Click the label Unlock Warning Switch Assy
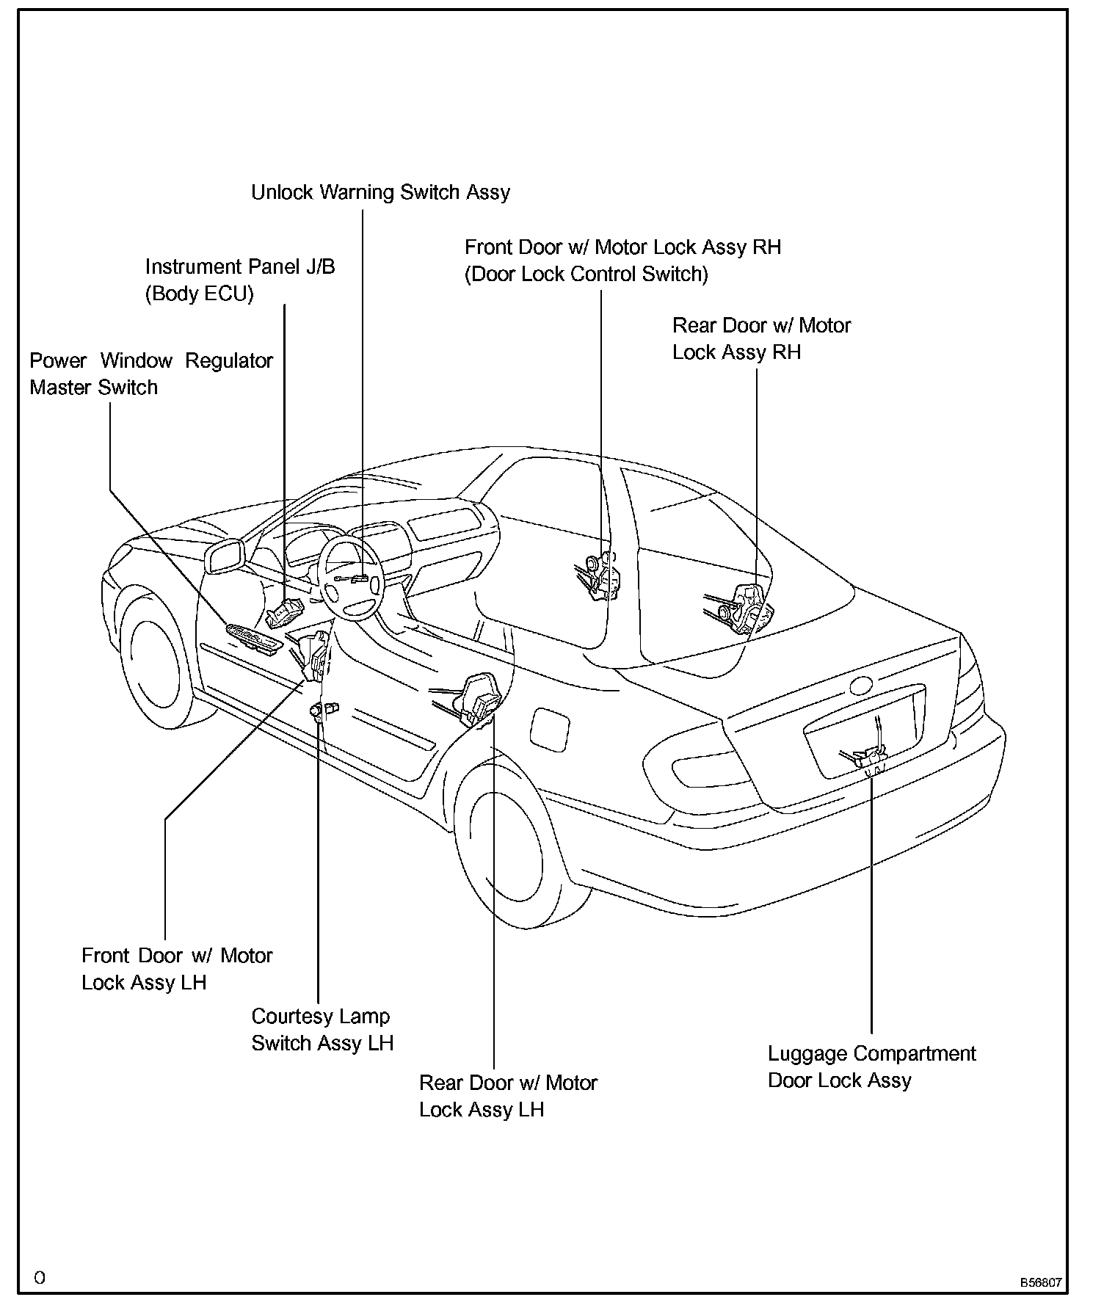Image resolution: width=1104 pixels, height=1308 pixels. click(380, 192)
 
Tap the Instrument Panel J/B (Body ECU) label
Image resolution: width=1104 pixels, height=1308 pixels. click(239, 280)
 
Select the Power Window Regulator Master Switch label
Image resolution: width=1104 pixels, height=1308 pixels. click(150, 374)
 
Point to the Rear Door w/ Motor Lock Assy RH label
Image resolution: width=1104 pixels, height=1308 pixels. click(761, 338)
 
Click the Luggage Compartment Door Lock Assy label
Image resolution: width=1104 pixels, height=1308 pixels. click(871, 1067)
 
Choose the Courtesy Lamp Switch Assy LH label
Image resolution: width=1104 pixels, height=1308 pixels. click(322, 1029)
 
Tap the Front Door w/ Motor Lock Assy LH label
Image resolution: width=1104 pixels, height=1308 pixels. click(177, 969)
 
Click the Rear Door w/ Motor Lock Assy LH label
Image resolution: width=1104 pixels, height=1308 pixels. click(508, 1096)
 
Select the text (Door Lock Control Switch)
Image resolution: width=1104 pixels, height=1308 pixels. click(586, 275)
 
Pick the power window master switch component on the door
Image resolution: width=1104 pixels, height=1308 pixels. click(253, 636)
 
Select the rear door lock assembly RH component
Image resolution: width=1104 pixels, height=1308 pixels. click(745, 607)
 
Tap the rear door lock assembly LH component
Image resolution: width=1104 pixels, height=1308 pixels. click(479, 700)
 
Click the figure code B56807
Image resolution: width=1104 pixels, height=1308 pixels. click(1039, 1282)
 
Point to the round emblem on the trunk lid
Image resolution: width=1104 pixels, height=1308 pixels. click(860, 686)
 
